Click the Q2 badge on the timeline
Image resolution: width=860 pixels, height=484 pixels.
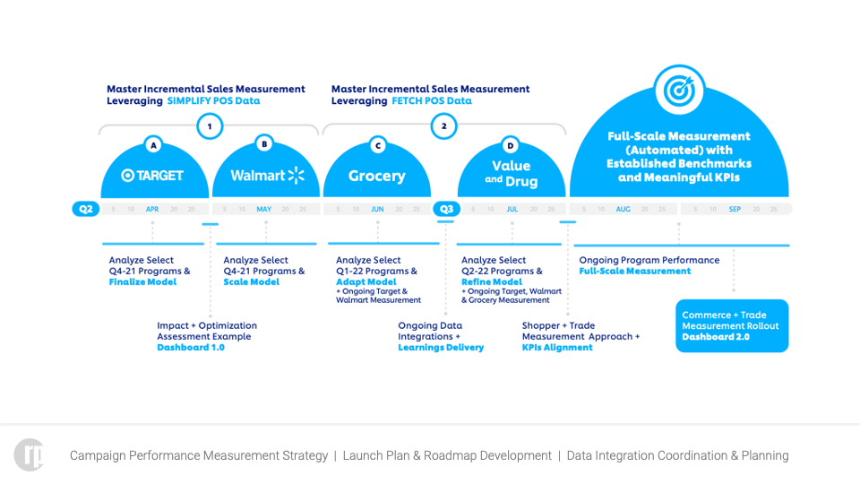86,209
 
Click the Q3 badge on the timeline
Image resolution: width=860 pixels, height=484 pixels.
446,209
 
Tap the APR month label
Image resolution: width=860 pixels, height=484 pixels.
152,209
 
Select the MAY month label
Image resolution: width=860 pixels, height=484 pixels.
264,209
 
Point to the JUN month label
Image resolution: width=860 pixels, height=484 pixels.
377,209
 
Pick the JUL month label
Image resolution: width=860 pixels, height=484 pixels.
512,209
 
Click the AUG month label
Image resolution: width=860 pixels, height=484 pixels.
623,209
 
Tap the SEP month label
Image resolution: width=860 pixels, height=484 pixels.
735,209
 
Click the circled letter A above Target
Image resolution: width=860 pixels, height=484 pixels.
153,144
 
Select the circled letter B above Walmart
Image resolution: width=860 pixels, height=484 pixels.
264,143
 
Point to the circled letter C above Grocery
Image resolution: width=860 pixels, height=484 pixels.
377,145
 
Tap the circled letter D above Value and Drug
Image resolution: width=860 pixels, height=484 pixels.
511,145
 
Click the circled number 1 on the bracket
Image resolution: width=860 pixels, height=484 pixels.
210,126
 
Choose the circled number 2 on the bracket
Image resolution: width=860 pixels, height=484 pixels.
443,126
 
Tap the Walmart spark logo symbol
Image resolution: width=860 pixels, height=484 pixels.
296,175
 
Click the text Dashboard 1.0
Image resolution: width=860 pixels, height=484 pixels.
191,348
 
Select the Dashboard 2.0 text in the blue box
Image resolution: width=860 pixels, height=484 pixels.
716,337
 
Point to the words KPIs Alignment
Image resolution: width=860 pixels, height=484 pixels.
557,348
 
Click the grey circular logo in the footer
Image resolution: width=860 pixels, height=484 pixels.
29,454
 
